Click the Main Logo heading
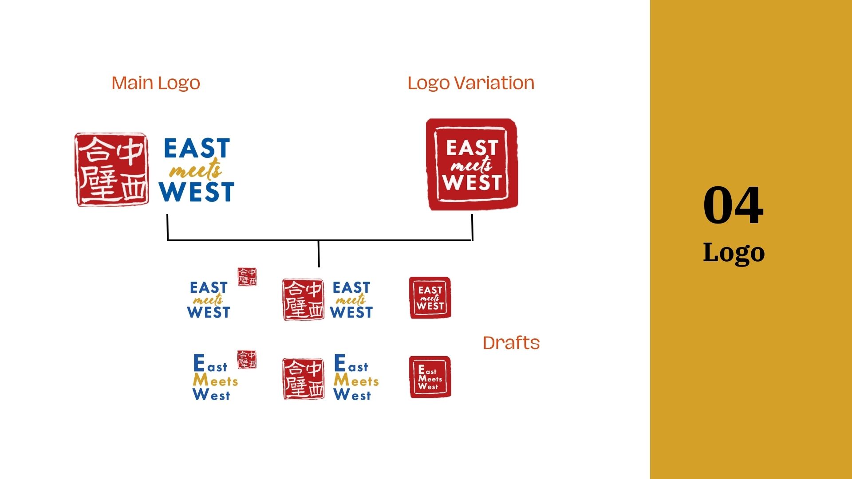pos(155,83)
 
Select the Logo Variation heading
pos(471,83)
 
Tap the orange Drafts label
pos(511,343)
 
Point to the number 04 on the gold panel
pos(733,205)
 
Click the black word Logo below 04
pos(734,253)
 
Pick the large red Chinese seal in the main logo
pos(111,169)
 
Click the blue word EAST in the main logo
pos(197,148)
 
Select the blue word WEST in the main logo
pos(197,192)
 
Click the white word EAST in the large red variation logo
pos(472,148)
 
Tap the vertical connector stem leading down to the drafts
pos(319,254)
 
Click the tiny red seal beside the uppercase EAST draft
pos(247,276)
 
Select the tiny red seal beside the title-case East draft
pos(247,359)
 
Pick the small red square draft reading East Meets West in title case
pos(430,377)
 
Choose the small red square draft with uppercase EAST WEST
pos(430,298)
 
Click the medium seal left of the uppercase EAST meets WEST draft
pos(304,299)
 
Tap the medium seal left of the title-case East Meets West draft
pos(304,379)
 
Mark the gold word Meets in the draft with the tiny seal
pos(215,381)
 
